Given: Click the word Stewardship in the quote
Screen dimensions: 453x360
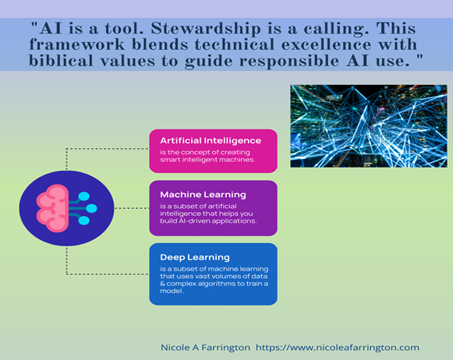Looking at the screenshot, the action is (x=206, y=29).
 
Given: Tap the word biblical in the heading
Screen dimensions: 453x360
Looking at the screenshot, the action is (x=62, y=60).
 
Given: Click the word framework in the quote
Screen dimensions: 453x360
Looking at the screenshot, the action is (x=77, y=44).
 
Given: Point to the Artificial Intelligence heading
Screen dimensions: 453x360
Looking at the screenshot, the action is (x=211, y=140).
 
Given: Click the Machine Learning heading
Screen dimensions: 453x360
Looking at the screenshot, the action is (x=203, y=195).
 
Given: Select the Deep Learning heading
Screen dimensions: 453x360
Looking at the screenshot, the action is (x=195, y=257).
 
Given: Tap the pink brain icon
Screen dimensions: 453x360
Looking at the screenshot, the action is (x=52, y=208).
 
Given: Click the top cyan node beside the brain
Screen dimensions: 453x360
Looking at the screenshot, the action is (x=83, y=196).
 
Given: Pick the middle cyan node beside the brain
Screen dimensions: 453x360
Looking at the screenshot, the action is (x=91, y=208).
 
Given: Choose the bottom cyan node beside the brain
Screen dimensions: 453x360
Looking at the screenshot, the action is (x=83, y=221).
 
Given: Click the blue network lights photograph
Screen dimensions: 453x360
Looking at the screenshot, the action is (x=369, y=126).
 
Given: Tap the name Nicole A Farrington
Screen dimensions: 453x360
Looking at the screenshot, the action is (x=205, y=348).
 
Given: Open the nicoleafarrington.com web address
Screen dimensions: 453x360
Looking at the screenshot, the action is (x=338, y=348).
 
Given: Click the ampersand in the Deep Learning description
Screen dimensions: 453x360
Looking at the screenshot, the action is (x=162, y=284).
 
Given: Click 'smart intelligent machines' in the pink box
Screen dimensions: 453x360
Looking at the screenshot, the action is (x=207, y=160).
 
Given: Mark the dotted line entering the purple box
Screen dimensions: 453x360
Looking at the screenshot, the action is (x=132, y=208).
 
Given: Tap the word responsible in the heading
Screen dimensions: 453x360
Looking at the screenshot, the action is (x=289, y=61).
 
